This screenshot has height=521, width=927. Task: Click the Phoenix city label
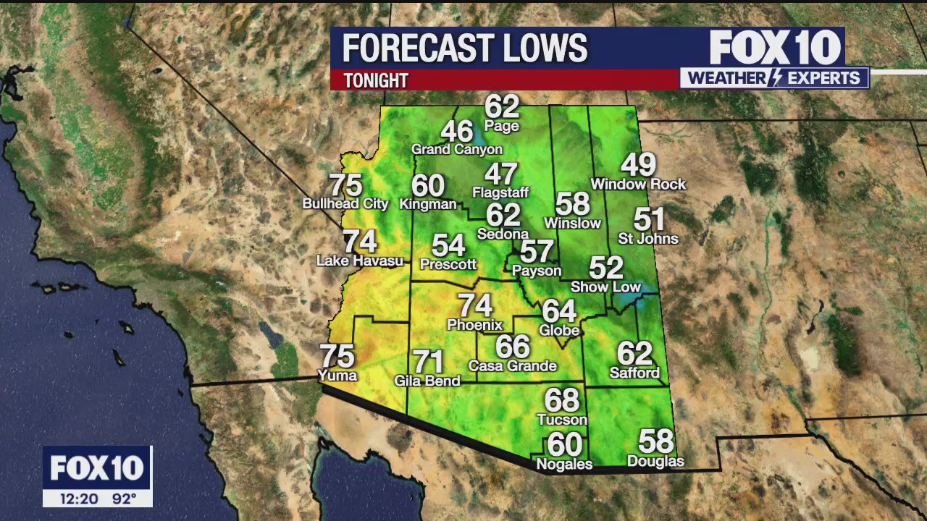coord(474,325)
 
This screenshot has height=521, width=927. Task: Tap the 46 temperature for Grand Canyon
coord(457,132)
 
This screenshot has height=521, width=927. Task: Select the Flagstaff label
coord(500,192)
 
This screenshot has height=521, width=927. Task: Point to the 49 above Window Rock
coord(638,165)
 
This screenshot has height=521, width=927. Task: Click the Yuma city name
coord(337,375)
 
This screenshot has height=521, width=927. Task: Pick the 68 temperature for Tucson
coord(562,400)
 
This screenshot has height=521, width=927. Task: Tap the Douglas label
coord(655,461)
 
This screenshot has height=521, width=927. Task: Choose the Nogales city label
coord(564,464)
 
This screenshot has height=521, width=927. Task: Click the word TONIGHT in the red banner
coord(376,80)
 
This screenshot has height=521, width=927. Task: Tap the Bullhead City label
coord(345,204)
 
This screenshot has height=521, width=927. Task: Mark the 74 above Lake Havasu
coord(360,241)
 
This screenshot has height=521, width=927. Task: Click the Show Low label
coord(606,287)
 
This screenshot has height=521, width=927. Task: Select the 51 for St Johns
coord(649,219)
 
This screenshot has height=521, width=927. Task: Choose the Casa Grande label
coord(513,365)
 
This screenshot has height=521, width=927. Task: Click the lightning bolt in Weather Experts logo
coord(773,78)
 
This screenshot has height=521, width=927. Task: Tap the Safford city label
coord(634,373)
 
